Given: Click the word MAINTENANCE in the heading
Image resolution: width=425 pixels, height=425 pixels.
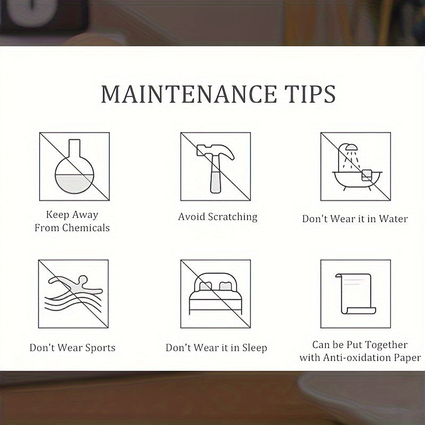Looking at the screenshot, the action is tap(189, 94).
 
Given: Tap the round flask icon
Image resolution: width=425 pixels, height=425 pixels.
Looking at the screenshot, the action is tap(74, 166).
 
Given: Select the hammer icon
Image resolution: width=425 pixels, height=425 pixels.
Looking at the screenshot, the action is tap(216, 168).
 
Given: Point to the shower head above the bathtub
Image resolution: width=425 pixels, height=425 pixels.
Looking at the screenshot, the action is tap(352, 148).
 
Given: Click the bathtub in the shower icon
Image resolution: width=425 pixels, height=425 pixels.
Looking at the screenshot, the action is tap(357, 180).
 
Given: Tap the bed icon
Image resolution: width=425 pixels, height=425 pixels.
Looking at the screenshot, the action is tap(216, 294).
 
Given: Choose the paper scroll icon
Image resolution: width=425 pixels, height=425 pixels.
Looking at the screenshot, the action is tap(355, 294).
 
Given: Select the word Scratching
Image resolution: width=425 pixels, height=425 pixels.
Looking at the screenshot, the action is tap(233, 217).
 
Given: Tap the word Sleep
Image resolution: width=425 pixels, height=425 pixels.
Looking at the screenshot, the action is tap(254, 348).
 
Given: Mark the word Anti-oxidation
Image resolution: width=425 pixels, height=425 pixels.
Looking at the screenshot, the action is tap(356, 358).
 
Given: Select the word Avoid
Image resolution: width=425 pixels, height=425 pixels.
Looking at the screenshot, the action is tap(191, 217).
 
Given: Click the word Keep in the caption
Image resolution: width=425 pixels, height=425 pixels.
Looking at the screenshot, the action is tap(57, 215).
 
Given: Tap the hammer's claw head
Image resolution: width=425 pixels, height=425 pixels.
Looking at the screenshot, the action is tap(216, 151).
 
